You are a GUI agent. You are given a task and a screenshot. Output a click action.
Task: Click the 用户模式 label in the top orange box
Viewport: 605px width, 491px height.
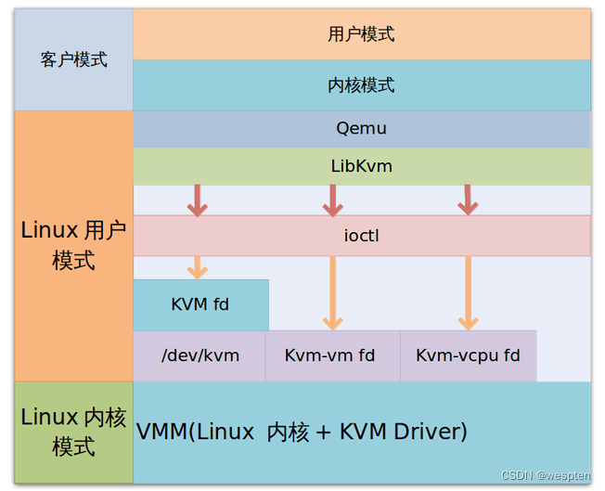click(x=361, y=34)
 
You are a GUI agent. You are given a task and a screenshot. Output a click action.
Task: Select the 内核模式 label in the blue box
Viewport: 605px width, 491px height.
click(x=361, y=84)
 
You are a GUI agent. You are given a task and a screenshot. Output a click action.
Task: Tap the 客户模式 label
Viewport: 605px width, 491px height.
click(x=73, y=59)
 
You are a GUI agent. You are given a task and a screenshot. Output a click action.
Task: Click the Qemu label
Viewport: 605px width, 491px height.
click(x=361, y=128)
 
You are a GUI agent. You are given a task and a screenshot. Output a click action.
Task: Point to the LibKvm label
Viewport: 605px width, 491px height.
click(x=362, y=166)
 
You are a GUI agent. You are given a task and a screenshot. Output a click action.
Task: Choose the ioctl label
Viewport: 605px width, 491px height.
click(x=362, y=236)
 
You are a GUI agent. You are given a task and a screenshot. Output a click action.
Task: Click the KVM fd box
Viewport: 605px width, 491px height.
click(x=201, y=304)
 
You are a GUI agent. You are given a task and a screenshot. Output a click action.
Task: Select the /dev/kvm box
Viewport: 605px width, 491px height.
click(x=200, y=355)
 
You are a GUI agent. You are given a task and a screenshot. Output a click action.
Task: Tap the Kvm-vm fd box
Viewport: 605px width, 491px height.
click(x=333, y=355)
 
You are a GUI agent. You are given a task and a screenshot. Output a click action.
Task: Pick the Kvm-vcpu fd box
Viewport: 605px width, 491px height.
click(x=469, y=355)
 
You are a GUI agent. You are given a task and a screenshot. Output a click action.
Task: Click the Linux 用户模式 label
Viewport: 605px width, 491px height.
click(x=73, y=245)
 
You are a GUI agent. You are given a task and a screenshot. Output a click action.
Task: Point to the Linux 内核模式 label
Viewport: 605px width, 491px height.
click(x=73, y=432)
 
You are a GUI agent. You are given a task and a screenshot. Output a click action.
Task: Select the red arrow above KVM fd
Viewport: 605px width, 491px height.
click(x=198, y=200)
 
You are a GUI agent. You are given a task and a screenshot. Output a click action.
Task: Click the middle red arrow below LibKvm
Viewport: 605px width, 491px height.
click(x=333, y=200)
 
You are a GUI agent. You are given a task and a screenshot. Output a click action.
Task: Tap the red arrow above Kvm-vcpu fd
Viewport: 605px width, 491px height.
click(x=468, y=200)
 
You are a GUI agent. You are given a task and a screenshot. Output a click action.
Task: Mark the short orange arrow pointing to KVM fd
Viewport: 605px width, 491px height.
click(x=198, y=267)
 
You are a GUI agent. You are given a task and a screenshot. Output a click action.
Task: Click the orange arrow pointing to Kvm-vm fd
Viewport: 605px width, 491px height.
click(x=333, y=293)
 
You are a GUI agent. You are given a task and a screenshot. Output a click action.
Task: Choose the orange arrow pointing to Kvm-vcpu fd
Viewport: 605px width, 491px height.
click(x=469, y=293)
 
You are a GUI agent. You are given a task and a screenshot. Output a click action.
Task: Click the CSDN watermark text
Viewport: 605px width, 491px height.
click(x=546, y=475)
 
